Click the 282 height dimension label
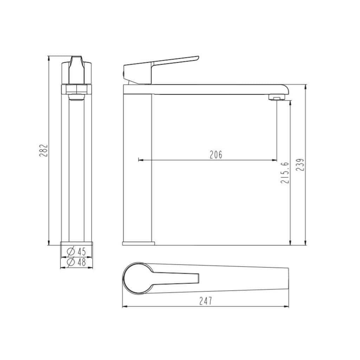(x=43, y=150)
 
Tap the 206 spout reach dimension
(x=216, y=154)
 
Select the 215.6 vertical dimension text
(x=285, y=173)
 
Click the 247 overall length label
(x=206, y=301)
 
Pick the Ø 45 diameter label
(x=76, y=251)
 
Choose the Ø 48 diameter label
(x=76, y=262)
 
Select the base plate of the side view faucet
(x=138, y=243)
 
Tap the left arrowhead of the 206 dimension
(x=140, y=160)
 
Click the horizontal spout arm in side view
(x=211, y=89)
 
